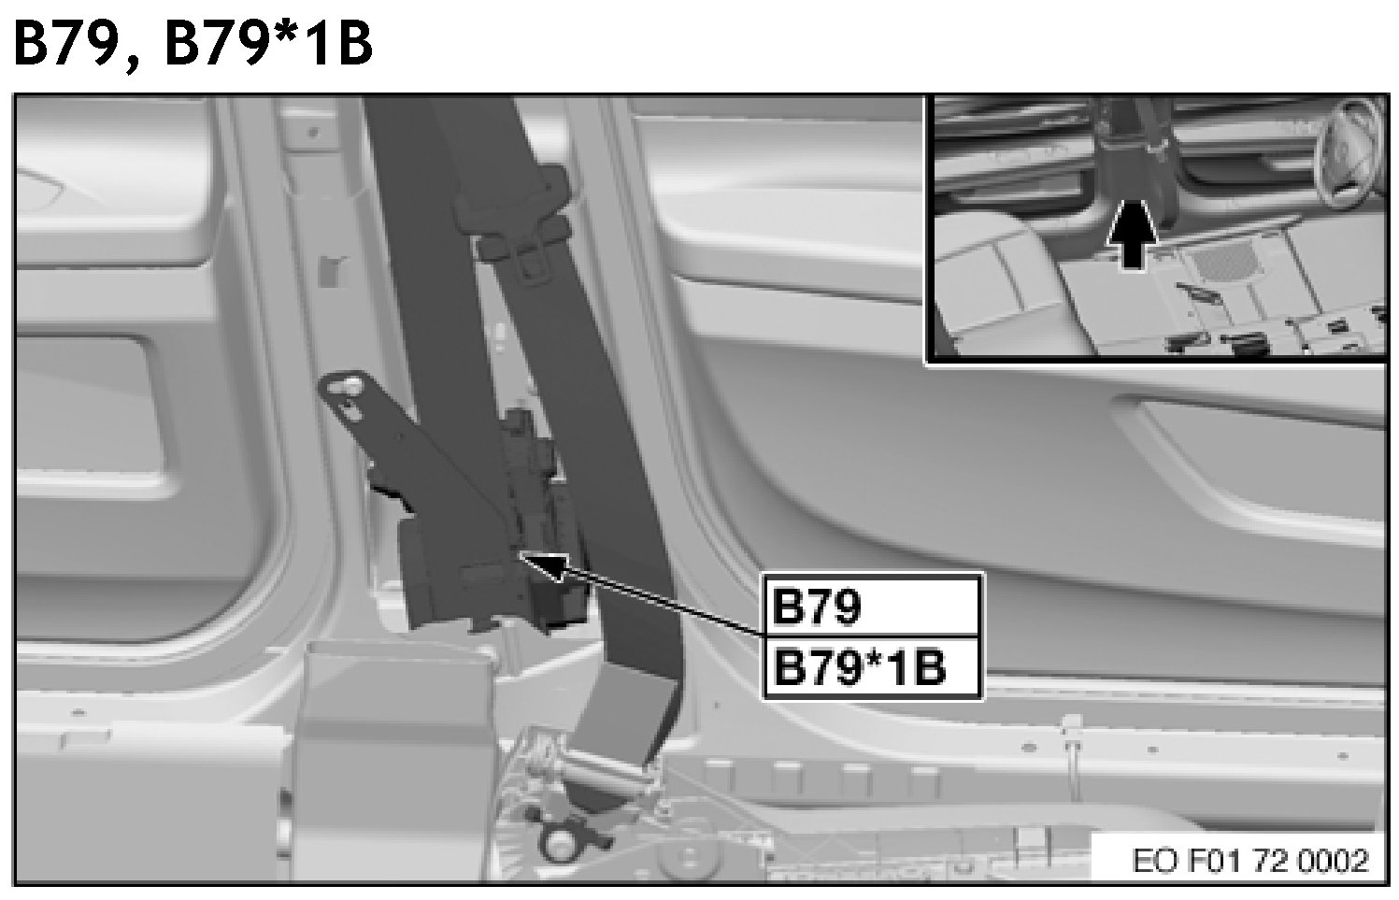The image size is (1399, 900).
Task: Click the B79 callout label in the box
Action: (x=816, y=606)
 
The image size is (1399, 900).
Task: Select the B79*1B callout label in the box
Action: (x=860, y=667)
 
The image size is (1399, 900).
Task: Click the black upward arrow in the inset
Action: (x=1131, y=235)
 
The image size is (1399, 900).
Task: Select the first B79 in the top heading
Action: (x=65, y=44)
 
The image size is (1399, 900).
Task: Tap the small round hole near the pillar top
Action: (x=313, y=133)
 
